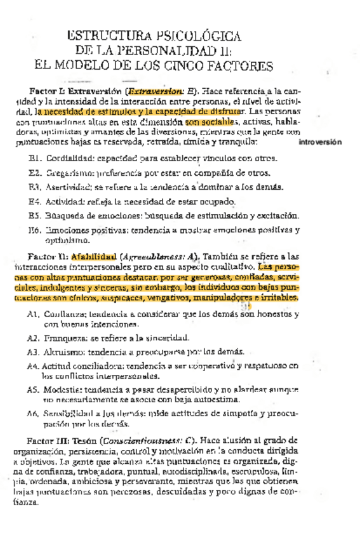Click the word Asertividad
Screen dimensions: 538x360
[69, 187]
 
